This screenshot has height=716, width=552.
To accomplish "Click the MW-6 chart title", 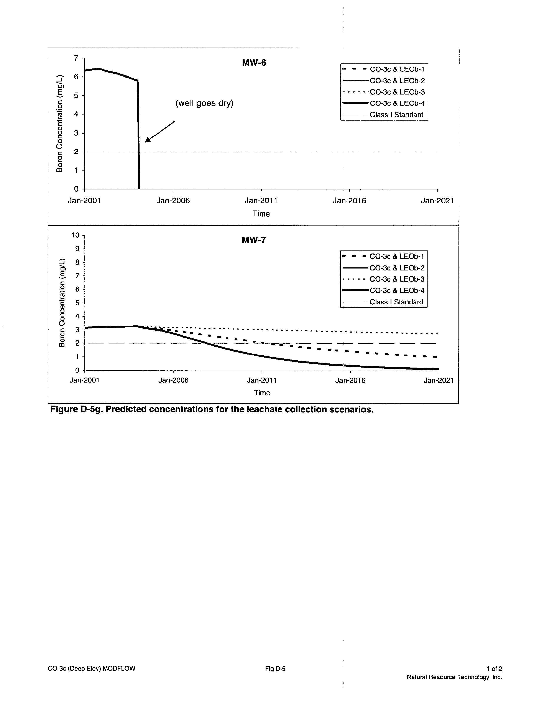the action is tap(254, 63).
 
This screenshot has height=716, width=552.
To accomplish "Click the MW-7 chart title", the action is tap(254, 240).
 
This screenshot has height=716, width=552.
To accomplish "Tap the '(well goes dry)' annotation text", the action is tap(204, 103).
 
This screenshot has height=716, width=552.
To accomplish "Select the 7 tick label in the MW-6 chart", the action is tap(76, 58).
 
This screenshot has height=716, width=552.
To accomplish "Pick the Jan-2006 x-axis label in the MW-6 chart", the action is tap(173, 201).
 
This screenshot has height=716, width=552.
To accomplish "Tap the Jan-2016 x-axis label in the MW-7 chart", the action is tap(350, 380).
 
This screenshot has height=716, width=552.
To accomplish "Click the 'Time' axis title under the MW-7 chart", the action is tap(262, 393).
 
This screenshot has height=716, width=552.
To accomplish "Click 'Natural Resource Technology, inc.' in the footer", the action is tap(454, 677).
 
